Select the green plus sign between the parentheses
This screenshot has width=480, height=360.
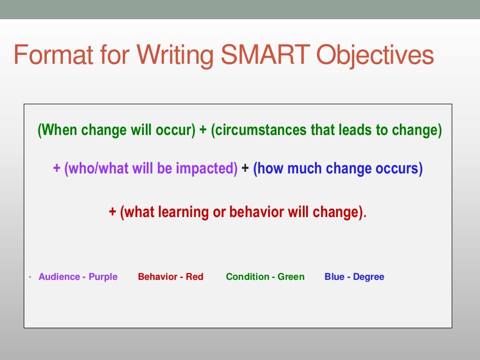click(203, 130)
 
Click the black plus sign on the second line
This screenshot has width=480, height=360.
click(245, 169)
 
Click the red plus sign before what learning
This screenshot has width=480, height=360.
click(112, 212)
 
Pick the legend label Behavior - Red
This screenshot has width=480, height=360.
click(171, 277)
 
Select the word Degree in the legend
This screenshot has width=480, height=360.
click(368, 277)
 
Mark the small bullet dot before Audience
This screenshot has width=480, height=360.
click(30, 277)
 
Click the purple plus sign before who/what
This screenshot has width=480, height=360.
click(57, 169)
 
